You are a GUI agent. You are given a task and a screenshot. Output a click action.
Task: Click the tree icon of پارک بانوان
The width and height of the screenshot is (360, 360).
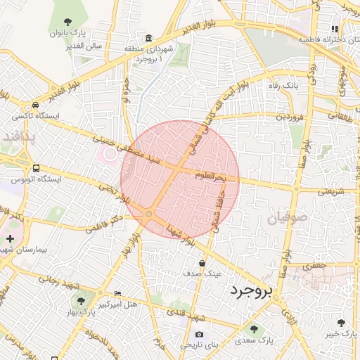click(x=67, y=22)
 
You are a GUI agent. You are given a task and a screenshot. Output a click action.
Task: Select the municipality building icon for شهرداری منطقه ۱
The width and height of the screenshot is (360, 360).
click(x=148, y=37)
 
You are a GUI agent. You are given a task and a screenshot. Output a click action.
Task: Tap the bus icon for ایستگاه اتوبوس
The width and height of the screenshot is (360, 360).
click(x=36, y=169)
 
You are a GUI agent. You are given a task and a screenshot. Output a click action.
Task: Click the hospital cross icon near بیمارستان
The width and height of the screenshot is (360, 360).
click(x=9, y=239)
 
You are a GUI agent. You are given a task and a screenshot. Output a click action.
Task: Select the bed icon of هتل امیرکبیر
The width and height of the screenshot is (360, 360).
click(x=117, y=292)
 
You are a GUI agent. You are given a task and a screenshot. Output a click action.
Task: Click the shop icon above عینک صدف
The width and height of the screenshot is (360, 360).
click(x=202, y=263)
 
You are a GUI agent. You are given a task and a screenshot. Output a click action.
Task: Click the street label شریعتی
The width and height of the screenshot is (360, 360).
click(x=330, y=190)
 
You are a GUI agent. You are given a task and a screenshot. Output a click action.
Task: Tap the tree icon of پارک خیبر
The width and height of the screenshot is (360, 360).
click(x=341, y=323)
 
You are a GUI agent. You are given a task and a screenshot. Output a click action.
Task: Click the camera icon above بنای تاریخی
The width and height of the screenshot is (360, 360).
click(x=199, y=334)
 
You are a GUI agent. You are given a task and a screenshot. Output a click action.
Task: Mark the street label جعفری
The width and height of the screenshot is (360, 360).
click(x=314, y=266)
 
